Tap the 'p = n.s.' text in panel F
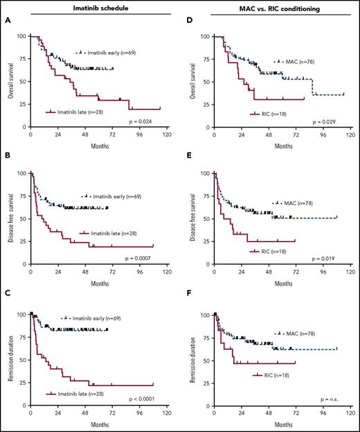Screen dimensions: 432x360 pyautogui.click(x=328, y=399)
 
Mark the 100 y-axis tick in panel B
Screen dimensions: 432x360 pyautogui.click(x=21, y=174)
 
